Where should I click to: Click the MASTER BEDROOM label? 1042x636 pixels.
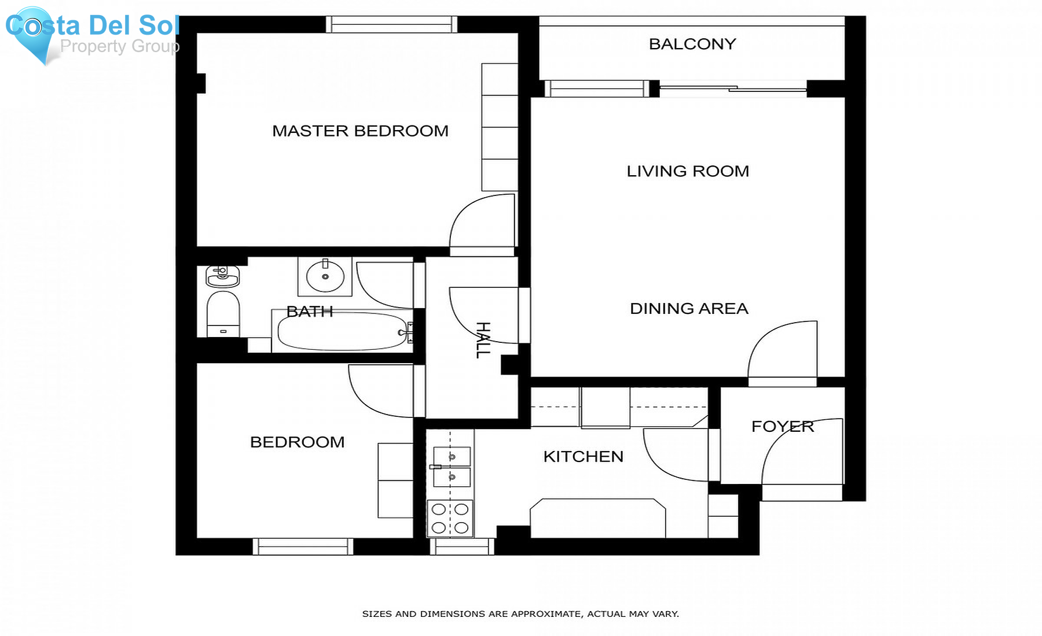click(360, 131)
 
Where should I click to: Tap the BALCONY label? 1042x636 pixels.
click(692, 44)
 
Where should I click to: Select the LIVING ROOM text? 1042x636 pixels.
click(688, 171)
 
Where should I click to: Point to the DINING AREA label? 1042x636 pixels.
click(689, 309)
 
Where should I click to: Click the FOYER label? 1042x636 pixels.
click(782, 427)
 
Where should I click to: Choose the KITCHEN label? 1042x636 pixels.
click(583, 457)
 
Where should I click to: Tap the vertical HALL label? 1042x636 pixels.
click(483, 340)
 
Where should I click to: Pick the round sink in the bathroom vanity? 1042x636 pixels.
click(325, 276)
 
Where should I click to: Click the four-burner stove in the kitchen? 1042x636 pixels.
click(450, 518)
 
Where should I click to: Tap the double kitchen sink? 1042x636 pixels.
click(452, 467)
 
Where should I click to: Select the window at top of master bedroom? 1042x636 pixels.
click(391, 24)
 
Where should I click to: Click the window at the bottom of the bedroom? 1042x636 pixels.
click(303, 546)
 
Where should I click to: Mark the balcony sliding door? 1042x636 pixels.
click(733, 88)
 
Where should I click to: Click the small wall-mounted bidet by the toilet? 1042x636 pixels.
click(222, 276)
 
